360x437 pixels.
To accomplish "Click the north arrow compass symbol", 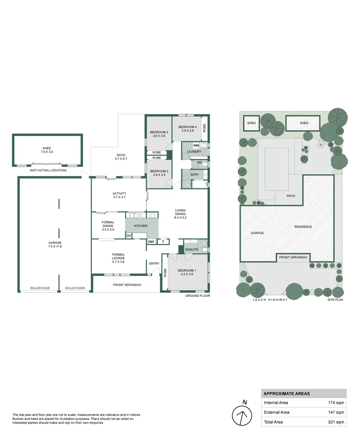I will point(242,416).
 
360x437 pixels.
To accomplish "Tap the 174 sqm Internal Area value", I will point(336,403).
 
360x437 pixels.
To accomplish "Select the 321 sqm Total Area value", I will point(336,422).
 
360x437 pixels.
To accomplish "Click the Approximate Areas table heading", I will point(286,393).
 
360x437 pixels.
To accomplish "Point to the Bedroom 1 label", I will point(186,272).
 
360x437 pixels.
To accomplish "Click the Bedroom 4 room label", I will point(187,128).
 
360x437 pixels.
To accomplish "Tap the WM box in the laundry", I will point(196,145).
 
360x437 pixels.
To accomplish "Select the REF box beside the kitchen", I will point(151,242).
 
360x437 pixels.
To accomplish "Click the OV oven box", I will point(129,235).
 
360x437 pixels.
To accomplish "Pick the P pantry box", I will point(163,242).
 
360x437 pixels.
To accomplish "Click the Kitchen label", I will point(141,226).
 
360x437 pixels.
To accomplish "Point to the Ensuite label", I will point(192,249).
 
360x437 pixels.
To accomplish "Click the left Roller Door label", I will point(40,288).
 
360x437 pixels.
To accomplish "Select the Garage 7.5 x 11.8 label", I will point(55,244).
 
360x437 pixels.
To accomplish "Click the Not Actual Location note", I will point(48,170).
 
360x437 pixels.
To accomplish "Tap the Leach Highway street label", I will point(270,300).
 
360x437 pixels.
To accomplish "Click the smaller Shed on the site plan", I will point(251,123).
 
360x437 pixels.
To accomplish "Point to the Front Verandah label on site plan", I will point(293,257).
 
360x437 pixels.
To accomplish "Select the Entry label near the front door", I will point(154,263).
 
